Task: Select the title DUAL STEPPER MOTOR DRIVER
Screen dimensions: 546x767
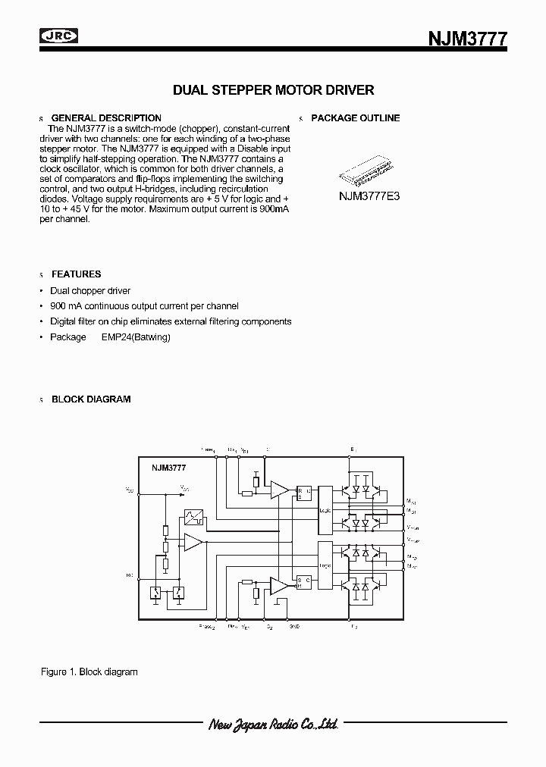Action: pyautogui.click(x=273, y=90)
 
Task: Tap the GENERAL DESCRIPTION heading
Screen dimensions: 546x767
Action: pyautogui.click(x=105, y=118)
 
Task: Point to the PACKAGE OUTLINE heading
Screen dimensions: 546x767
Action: pyautogui.click(x=355, y=118)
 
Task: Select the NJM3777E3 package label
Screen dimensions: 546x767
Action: pyautogui.click(x=369, y=195)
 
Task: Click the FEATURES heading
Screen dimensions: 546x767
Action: pyautogui.click(x=76, y=274)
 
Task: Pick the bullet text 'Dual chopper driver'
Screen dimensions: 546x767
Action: pyautogui.click(x=90, y=291)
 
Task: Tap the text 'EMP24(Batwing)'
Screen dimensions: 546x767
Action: pyautogui.click(x=136, y=337)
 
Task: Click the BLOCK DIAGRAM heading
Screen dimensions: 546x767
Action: pyautogui.click(x=91, y=399)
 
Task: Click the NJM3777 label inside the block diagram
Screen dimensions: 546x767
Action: pyautogui.click(x=168, y=468)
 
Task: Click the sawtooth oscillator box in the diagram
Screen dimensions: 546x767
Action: pyautogui.click(x=192, y=519)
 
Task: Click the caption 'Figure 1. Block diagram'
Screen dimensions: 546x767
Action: pyautogui.click(x=89, y=672)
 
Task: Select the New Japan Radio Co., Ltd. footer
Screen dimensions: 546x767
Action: pyautogui.click(x=272, y=725)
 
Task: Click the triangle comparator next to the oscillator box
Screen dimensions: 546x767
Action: pyautogui.click(x=192, y=543)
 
